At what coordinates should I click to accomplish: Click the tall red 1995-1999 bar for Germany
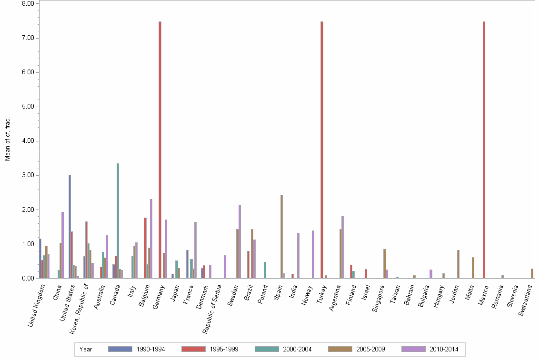point(160,150)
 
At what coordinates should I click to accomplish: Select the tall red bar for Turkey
point(322,150)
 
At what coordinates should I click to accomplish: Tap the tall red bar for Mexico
point(484,150)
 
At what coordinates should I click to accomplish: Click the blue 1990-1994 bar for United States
point(70,226)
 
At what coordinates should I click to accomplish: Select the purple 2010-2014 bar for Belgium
point(151,238)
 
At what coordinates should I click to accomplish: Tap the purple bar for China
point(63,245)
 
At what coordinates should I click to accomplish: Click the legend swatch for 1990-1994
point(120,349)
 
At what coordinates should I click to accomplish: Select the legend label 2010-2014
point(443,349)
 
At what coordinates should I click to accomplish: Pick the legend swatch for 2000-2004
point(267,349)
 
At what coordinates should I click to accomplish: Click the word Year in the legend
point(86,349)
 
